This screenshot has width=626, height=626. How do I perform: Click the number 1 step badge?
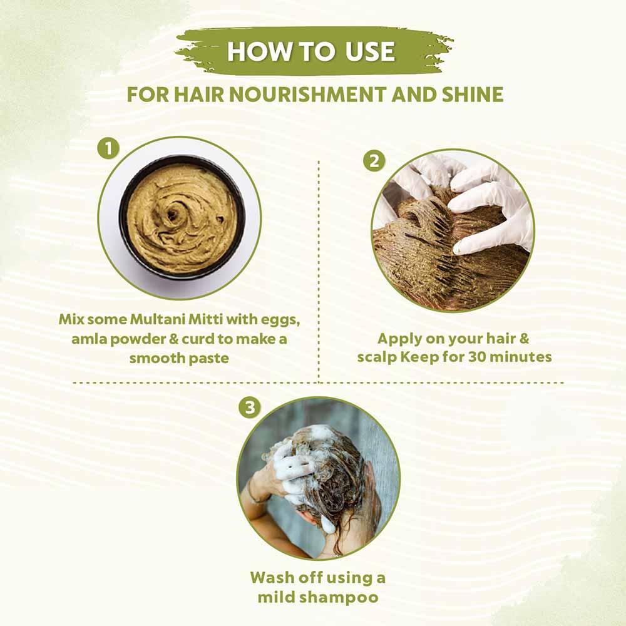point(108,149)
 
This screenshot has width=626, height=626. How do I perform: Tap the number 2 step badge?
point(374,161)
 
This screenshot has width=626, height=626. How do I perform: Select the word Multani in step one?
point(156,319)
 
